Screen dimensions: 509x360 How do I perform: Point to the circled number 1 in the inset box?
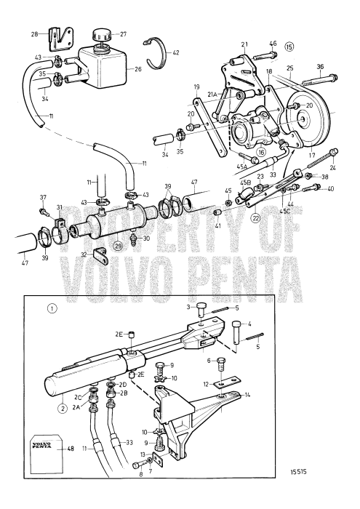(x=32, y=308)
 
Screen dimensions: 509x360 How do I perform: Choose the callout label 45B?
(x=246, y=183)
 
